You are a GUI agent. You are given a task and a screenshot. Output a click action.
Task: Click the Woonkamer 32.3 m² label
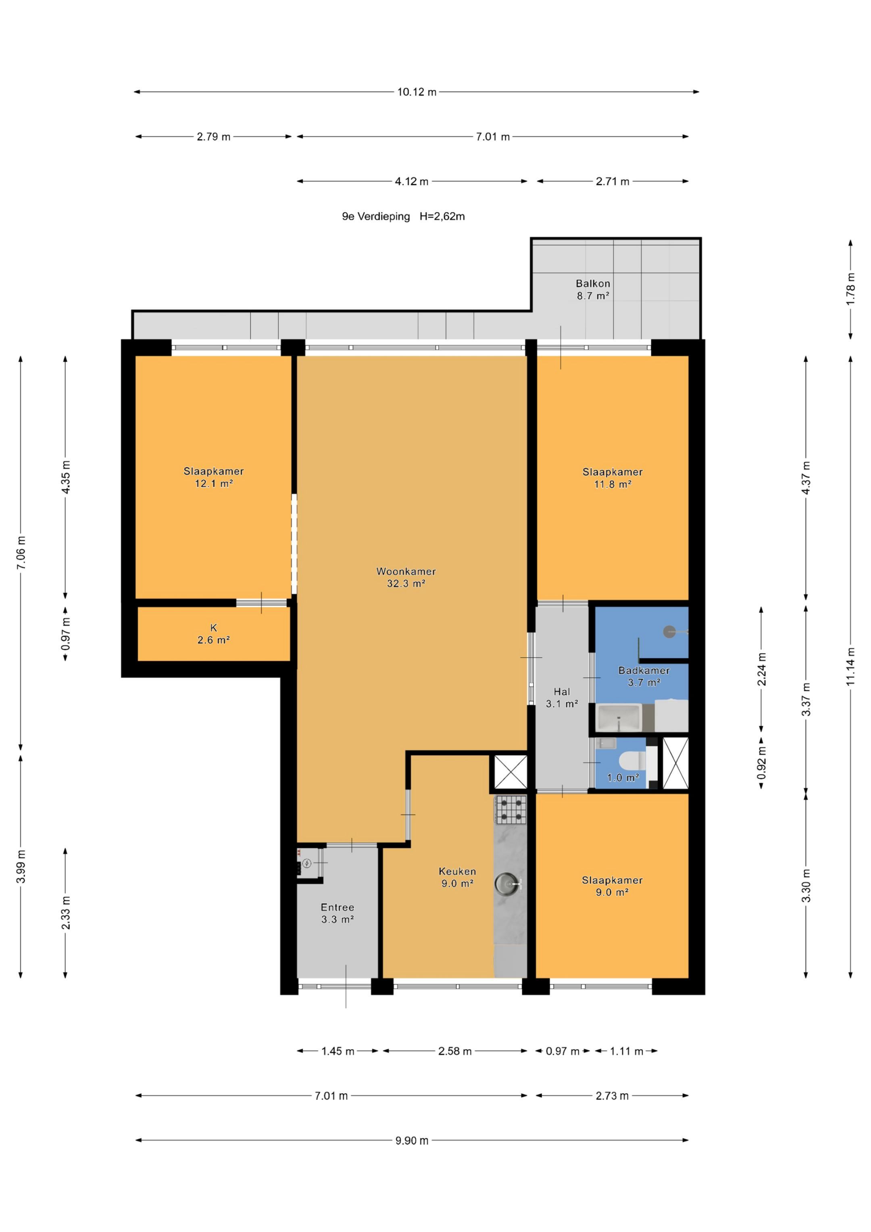(406, 577)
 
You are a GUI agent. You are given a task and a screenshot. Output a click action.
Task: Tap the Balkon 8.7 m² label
(593, 289)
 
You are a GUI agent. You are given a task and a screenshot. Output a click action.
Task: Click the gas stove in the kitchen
(511, 810)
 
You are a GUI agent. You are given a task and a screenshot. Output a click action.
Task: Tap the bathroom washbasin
(619, 718)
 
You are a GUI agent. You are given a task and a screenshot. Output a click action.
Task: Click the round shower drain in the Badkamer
(669, 632)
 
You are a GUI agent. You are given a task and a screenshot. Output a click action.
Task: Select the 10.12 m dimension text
(417, 92)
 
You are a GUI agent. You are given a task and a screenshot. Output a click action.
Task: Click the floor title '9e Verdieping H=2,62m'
(404, 216)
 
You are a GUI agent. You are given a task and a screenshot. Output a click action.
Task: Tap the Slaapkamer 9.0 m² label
(612, 886)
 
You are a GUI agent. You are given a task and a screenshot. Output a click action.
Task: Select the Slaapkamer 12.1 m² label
(214, 477)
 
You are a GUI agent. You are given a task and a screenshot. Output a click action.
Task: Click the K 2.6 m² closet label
(214, 633)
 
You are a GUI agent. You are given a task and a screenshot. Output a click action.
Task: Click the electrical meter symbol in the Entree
(306, 863)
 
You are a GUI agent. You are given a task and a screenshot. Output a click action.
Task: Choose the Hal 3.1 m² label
(562, 698)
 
